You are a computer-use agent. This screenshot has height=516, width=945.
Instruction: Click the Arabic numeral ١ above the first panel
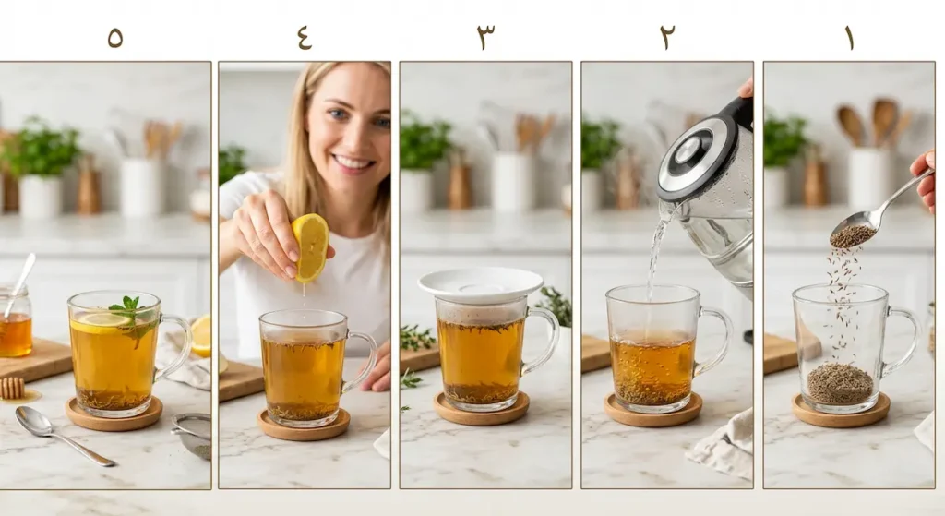pyautogui.click(x=850, y=37)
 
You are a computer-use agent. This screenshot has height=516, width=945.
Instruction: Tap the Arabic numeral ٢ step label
pyautogui.click(x=667, y=37)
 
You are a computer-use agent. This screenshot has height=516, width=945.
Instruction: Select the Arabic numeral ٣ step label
pyautogui.click(x=485, y=37)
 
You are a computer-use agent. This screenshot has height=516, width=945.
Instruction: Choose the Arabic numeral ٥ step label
pyautogui.click(x=115, y=38)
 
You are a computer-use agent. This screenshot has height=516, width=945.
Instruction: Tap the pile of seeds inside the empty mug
pyautogui.click(x=840, y=383)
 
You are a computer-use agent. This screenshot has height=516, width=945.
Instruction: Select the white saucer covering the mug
pyautogui.click(x=481, y=284)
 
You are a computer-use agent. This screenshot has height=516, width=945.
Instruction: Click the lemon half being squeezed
pyautogui.click(x=310, y=247)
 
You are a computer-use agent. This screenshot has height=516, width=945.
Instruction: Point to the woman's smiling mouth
pyautogui.click(x=353, y=162)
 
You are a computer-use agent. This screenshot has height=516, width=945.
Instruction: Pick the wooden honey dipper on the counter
pyautogui.click(x=11, y=387)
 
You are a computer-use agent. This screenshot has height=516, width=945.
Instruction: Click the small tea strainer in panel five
pyautogui.click(x=193, y=435)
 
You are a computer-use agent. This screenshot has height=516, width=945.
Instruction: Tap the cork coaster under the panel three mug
pyautogui.click(x=481, y=408)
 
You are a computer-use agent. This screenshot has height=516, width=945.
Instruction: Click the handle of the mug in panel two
pyautogui.click(x=715, y=342)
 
